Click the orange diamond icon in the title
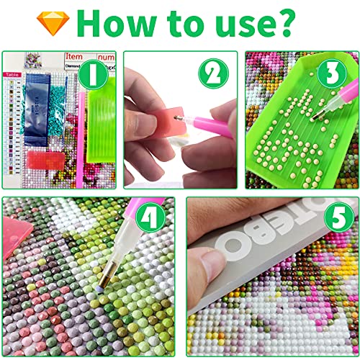(53, 23)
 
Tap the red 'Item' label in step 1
(74, 56)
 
